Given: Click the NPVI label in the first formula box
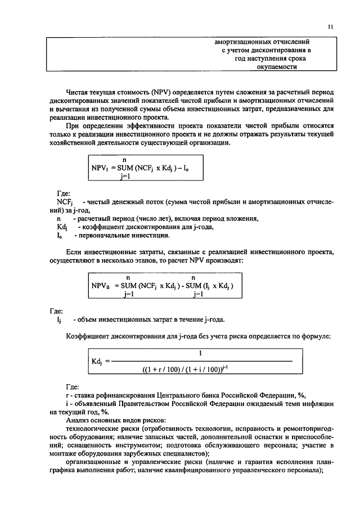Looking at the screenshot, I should point(102,167).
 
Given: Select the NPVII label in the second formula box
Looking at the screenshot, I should point(103,285).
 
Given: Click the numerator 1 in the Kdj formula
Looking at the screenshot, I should point(201,353).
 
